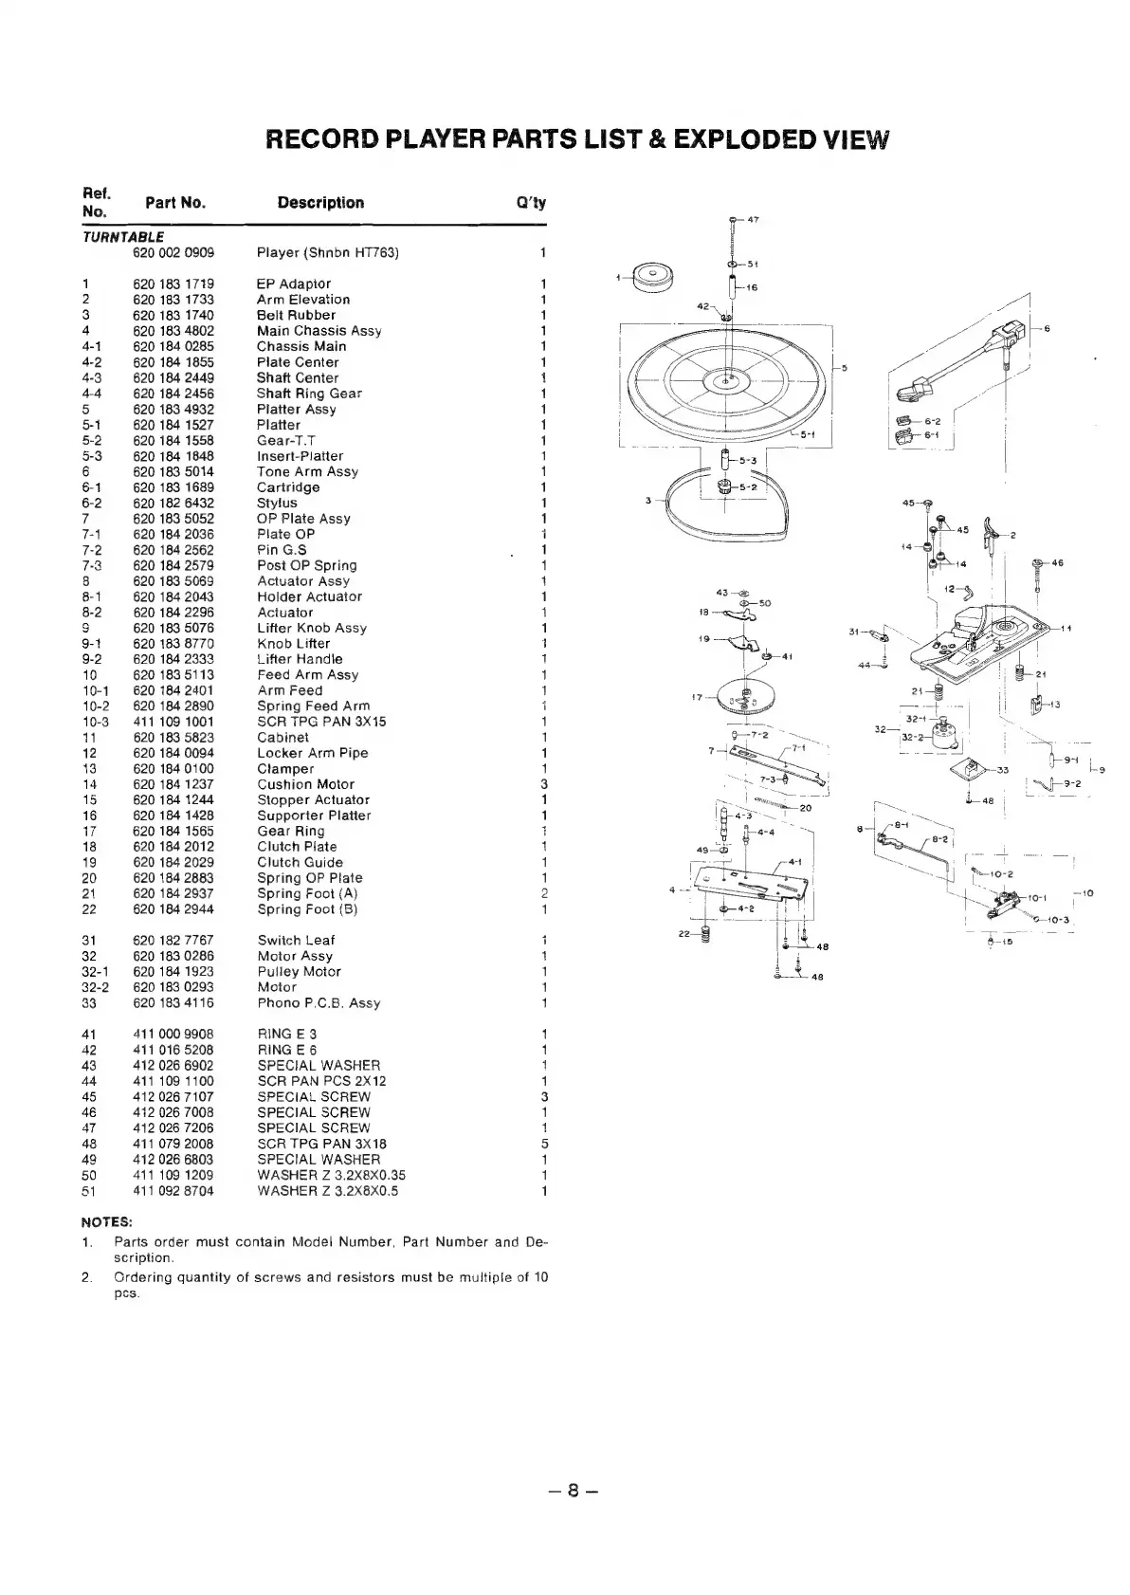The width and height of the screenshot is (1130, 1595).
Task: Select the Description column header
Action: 320,203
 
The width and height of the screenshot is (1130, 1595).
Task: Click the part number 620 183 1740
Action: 173,315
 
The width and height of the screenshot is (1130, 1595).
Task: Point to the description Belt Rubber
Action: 296,315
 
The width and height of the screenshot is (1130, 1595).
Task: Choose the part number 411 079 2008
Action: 173,1144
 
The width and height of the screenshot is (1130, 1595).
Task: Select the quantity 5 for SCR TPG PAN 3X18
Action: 544,1144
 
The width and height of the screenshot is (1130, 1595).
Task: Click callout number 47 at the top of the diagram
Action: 754,220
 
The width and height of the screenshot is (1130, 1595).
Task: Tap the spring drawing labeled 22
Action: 705,935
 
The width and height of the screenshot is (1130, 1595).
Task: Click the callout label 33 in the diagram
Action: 1003,769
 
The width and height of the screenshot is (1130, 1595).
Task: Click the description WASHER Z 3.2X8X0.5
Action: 328,1190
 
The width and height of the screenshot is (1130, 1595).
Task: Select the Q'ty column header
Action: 531,203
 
